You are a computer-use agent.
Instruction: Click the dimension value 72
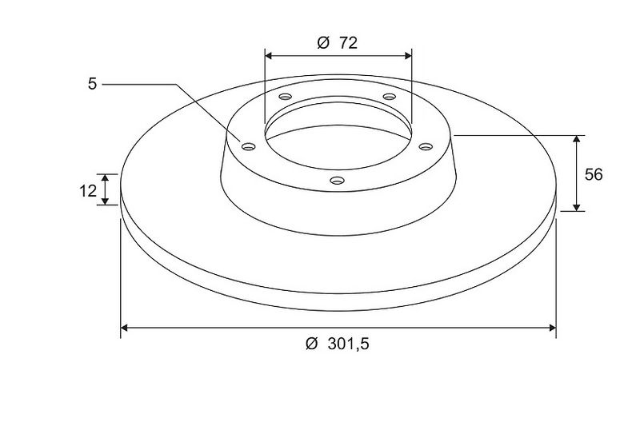click(348, 43)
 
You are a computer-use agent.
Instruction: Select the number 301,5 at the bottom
click(349, 344)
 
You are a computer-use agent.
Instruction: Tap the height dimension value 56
click(594, 174)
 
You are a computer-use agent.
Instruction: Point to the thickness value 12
click(88, 191)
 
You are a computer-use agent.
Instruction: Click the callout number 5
click(93, 84)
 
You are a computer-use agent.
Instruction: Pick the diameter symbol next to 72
click(323, 43)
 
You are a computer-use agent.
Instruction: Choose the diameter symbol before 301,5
click(311, 344)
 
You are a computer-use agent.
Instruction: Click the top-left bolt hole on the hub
click(286, 97)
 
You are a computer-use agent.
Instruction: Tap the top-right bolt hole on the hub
click(390, 97)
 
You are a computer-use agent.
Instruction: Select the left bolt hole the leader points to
click(248, 146)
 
